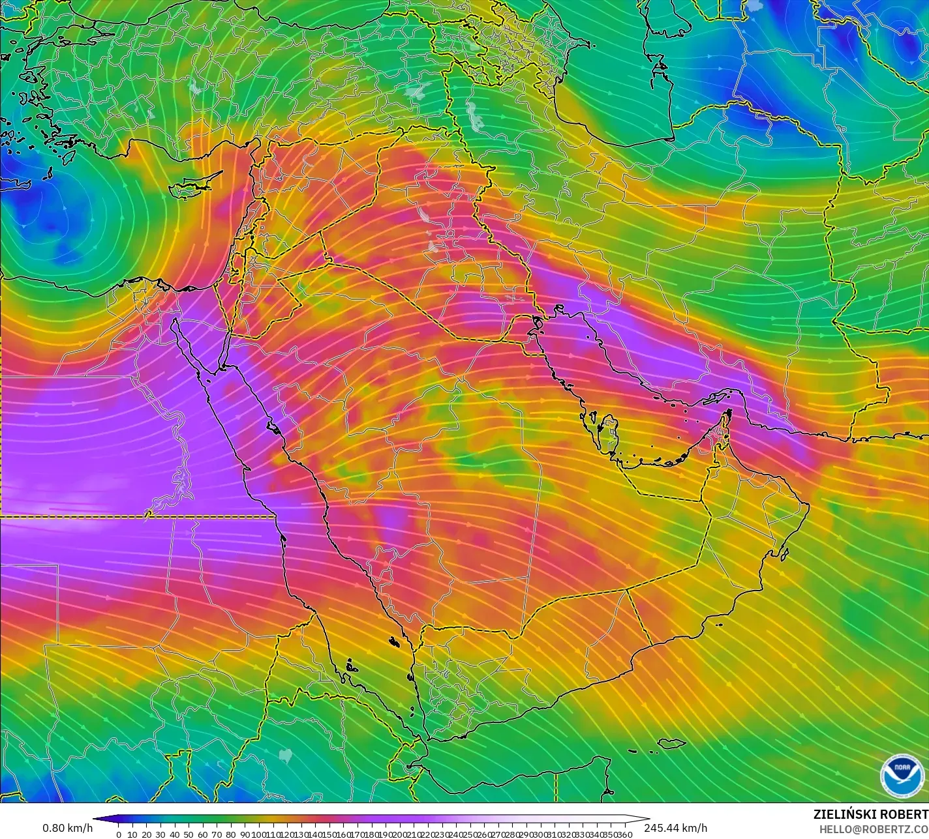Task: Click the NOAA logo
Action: tap(902, 774)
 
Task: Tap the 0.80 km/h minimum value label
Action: tap(67, 828)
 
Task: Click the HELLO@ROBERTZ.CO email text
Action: tap(874, 829)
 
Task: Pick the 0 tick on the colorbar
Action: tap(118, 834)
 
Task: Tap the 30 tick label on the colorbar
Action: tap(160, 834)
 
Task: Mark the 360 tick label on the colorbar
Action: tap(624, 834)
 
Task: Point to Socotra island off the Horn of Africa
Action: tap(671, 744)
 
